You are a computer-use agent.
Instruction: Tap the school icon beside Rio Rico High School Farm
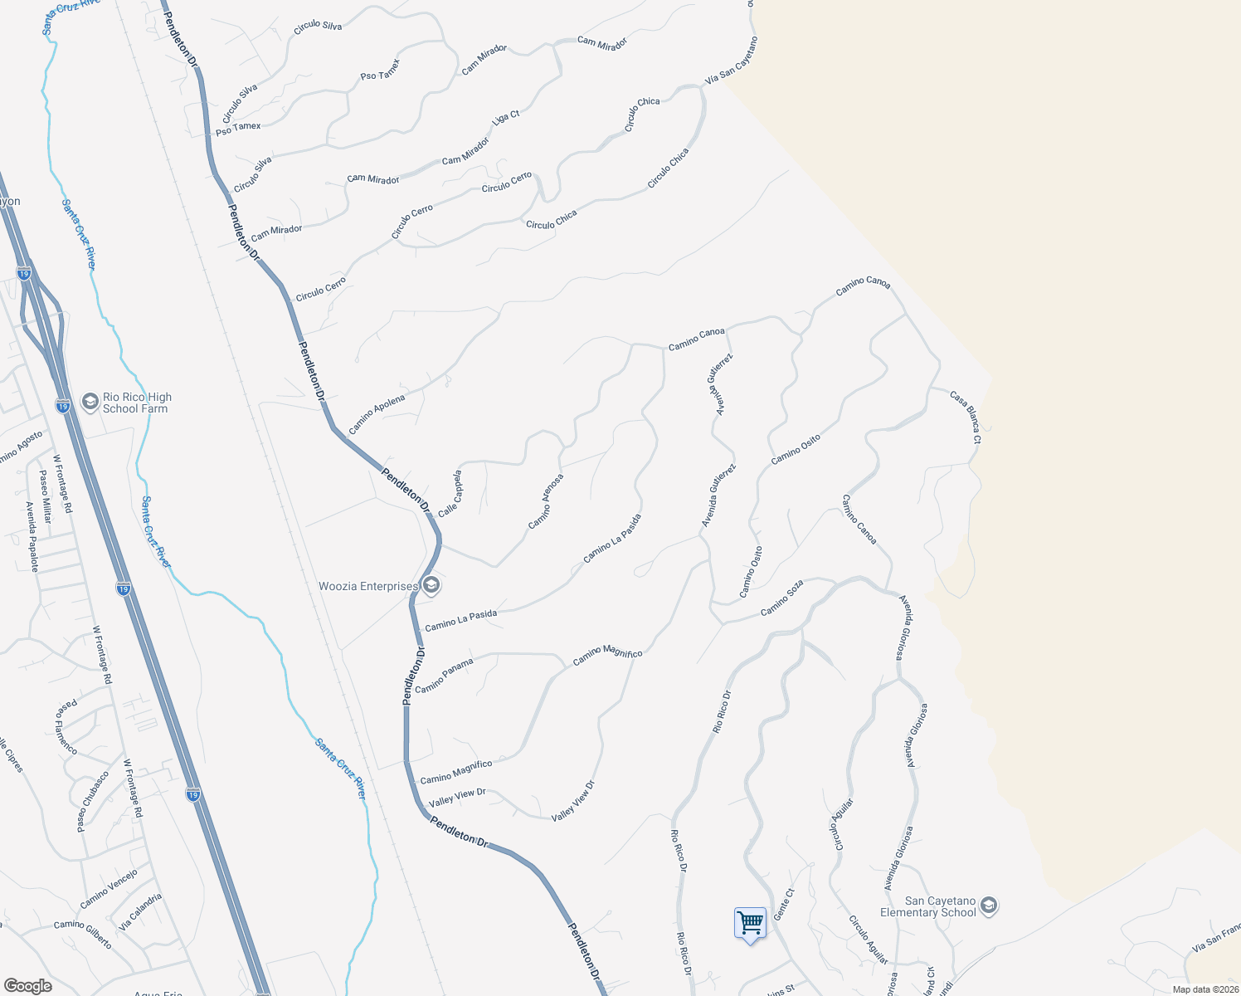(90, 403)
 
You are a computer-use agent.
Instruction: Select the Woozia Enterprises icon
(431, 586)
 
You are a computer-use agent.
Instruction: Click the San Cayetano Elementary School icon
(988, 906)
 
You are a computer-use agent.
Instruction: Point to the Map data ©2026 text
(1205, 989)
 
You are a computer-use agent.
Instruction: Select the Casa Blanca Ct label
(966, 417)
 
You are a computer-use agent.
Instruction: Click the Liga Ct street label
(505, 118)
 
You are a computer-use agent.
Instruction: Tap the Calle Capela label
(450, 494)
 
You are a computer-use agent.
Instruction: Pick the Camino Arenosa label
(546, 501)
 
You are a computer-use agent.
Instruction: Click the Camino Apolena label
(377, 414)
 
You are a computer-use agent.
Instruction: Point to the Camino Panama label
(444, 676)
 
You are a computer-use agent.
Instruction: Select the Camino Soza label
(781, 598)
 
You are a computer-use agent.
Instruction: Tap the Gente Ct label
(784, 905)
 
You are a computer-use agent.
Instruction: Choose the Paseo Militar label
(46, 496)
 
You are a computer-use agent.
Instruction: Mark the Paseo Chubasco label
(92, 802)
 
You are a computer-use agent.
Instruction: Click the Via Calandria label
(140, 911)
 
